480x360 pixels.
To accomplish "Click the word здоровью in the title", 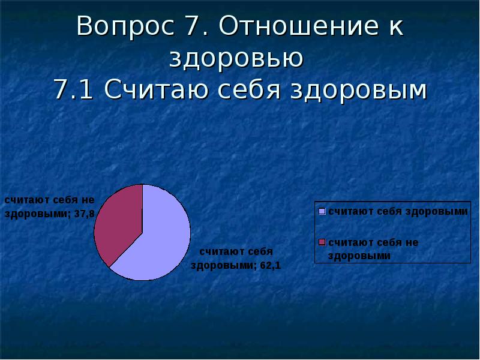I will click(236, 59).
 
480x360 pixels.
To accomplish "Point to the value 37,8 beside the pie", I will click(85, 214).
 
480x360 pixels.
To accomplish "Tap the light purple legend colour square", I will click(322, 211).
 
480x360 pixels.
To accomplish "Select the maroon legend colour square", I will click(322, 242).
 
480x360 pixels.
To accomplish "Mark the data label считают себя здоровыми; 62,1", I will click(236, 259).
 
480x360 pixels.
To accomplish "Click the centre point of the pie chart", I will click(142, 232).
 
